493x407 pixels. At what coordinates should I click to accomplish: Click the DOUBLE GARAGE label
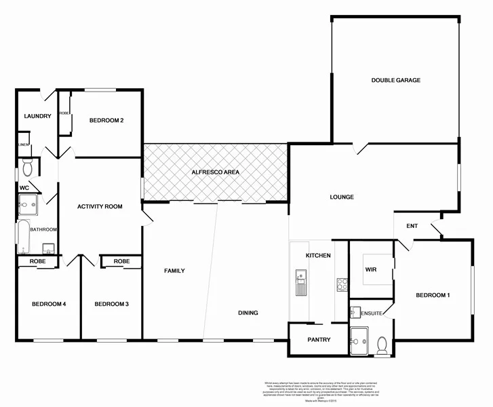[395, 80]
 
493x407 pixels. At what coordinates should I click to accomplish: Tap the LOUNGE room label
[342, 197]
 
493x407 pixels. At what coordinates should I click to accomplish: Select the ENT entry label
[411, 226]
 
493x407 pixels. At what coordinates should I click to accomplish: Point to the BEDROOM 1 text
[432, 295]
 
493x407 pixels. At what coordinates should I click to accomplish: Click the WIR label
[370, 269]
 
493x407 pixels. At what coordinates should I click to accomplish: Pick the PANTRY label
[318, 339]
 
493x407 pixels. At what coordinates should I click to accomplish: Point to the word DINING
[248, 313]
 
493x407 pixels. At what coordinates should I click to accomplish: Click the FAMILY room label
[174, 271]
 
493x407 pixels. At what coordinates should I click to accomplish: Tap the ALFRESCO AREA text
[216, 172]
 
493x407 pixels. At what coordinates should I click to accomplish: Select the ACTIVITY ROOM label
[100, 206]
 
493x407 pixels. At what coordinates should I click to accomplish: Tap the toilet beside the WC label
[28, 167]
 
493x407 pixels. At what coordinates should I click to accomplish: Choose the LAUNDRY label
[37, 116]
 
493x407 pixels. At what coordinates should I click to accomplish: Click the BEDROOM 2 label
[106, 121]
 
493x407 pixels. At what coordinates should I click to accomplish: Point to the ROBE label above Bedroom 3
[122, 261]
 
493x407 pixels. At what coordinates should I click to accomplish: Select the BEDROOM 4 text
[48, 304]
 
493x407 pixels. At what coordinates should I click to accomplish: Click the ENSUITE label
[372, 313]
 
